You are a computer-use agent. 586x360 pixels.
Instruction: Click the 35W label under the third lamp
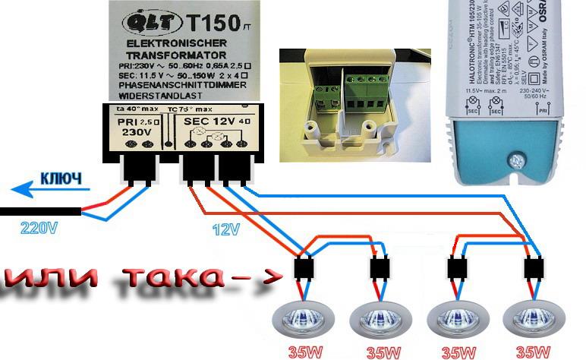457,352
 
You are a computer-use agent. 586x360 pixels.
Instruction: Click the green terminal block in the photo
362,91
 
